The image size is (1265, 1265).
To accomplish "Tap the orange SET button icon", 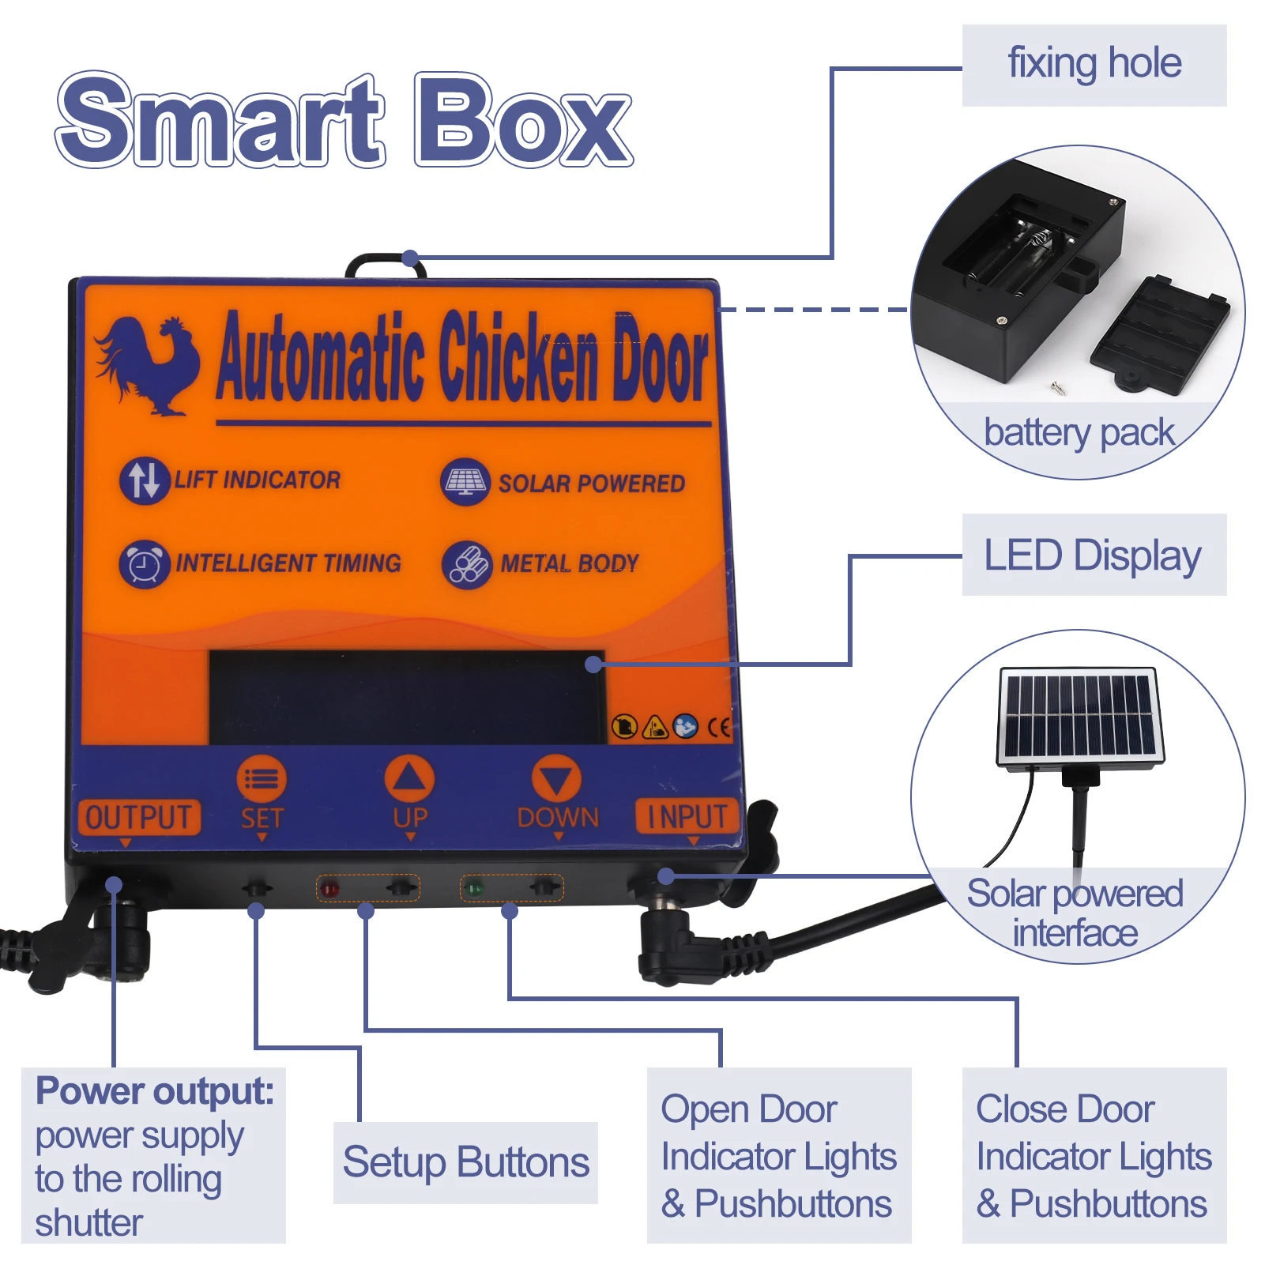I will pos(262,779).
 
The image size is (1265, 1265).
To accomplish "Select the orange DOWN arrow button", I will pos(556,778).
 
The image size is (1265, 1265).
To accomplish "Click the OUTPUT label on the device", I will pos(138,817).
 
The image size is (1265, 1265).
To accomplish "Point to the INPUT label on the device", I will pos(687,816).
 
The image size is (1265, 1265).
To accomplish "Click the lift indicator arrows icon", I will pos(145,480).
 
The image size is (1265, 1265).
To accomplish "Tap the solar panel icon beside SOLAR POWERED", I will pos(465,481).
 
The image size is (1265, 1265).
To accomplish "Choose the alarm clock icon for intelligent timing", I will pos(145,564).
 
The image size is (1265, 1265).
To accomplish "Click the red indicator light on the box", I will pos(329,889).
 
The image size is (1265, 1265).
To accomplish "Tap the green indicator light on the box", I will pos(474,889).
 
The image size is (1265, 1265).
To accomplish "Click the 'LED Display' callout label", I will pos(1094,555).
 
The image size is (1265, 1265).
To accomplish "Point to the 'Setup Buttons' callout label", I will pos(465,1162).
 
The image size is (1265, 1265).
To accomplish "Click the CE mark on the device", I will pos(718,727).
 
